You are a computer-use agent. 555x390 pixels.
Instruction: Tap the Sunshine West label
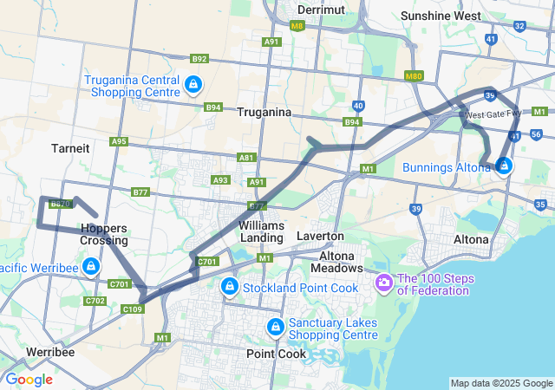(447, 16)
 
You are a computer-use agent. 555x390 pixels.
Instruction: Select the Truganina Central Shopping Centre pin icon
(194, 84)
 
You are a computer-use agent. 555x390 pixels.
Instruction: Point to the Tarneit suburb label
(70, 148)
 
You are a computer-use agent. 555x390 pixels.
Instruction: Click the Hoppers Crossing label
(104, 234)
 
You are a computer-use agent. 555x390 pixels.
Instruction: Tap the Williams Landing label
(261, 231)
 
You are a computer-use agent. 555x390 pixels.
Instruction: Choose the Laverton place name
(320, 236)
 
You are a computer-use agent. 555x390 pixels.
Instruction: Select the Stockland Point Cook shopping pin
(229, 285)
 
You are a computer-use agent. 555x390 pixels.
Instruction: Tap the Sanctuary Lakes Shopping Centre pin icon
(276, 326)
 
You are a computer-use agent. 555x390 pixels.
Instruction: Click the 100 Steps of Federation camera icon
(384, 283)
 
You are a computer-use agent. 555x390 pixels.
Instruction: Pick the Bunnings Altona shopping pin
(505, 166)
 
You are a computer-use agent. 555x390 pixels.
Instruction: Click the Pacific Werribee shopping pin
(91, 265)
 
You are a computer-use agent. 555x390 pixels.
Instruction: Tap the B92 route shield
(200, 59)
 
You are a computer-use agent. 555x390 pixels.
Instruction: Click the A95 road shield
(119, 141)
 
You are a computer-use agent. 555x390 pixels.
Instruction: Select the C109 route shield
(133, 309)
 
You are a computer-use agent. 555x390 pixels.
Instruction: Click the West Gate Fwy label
(492, 114)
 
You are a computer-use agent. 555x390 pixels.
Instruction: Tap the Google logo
(29, 380)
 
